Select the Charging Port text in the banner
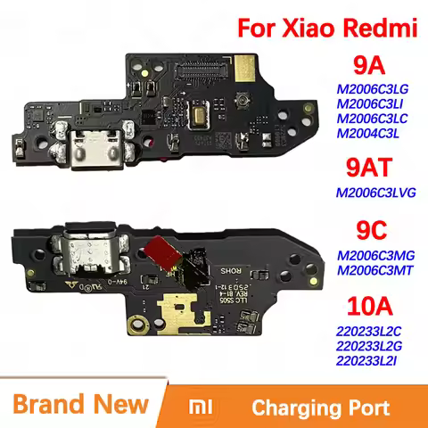(320, 408)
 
